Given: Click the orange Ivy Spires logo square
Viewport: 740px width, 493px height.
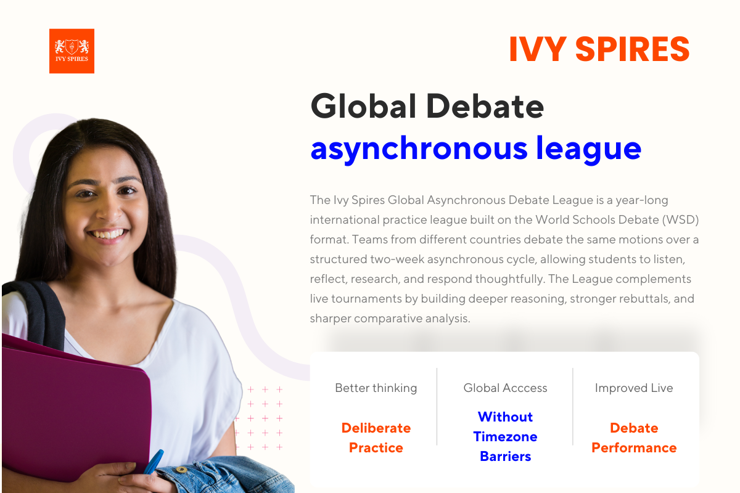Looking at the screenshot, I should [x=72, y=51].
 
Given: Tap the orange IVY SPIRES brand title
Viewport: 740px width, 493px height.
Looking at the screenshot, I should [x=599, y=49].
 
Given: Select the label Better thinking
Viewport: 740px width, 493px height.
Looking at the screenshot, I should [x=376, y=388].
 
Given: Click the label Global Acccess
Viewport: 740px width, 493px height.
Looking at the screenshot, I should [x=505, y=388].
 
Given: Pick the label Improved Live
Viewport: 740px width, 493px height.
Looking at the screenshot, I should [x=633, y=388].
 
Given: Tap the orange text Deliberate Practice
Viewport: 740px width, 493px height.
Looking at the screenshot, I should [x=376, y=438].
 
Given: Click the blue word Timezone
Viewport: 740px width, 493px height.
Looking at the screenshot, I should [x=505, y=436].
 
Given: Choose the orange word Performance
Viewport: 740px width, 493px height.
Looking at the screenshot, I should [x=633, y=447].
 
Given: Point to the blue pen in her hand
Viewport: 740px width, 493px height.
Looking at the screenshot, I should [x=154, y=461].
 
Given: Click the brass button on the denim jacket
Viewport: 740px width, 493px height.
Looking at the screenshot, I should [x=181, y=470].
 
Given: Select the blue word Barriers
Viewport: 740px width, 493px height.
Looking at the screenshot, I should [x=505, y=456].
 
